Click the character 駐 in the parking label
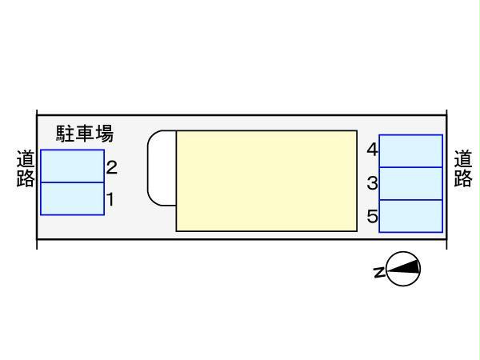(65, 133)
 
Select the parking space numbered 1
(72, 198)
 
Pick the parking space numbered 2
(72, 166)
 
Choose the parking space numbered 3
(410, 183)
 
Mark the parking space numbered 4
(410, 151)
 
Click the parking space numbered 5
(410, 215)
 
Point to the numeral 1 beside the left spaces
(110, 199)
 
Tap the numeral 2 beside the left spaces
(112, 168)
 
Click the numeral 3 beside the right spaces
(372, 183)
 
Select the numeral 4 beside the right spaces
(372, 150)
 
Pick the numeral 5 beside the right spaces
(372, 216)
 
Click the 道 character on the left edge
(26, 160)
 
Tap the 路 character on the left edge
(26, 178)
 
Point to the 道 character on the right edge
(462, 160)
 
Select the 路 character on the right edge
(462, 178)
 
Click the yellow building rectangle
(266, 181)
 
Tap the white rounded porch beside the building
(162, 167)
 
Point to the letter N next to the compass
(378, 272)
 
